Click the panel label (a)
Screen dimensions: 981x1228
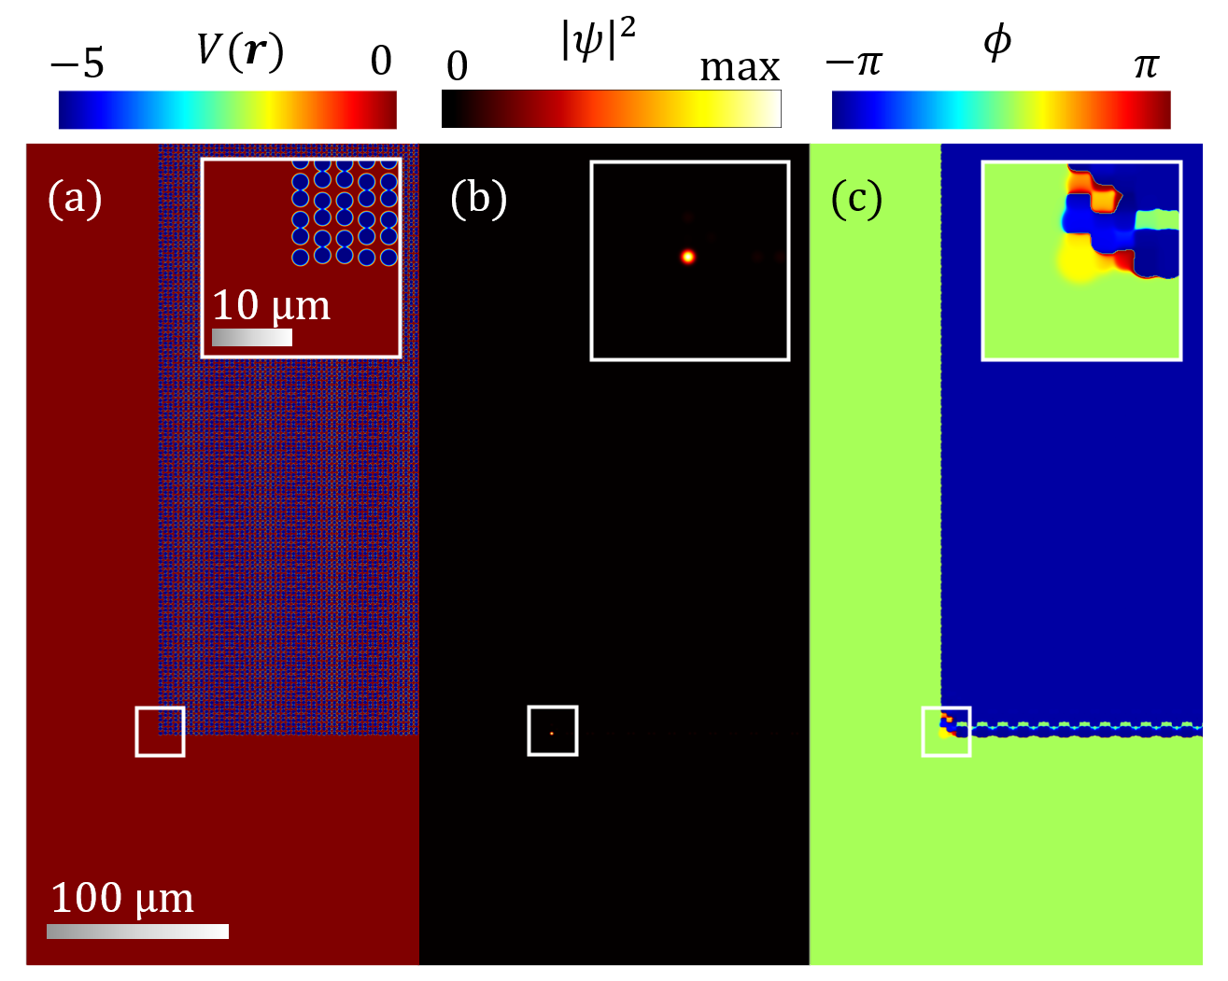point(75,199)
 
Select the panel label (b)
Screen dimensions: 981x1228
point(478,199)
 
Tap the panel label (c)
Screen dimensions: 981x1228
point(856,199)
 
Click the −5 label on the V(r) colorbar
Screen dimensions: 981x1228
point(78,63)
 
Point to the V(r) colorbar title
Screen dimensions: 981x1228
point(240,50)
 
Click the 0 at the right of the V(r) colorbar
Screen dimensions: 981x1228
point(381,62)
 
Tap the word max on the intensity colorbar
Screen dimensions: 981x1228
point(740,67)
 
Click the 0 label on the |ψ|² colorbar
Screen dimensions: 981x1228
point(457,66)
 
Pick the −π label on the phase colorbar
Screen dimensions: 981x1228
point(854,63)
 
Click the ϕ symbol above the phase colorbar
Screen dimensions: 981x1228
point(997,42)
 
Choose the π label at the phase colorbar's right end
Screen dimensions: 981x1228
point(1146,65)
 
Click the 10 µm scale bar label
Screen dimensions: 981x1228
point(271,305)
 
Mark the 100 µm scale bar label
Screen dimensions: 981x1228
point(122,898)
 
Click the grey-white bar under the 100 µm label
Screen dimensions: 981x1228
point(137,931)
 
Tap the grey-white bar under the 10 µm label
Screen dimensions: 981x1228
point(252,337)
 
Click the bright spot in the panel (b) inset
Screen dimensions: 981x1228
point(688,256)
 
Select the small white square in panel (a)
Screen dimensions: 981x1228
point(160,731)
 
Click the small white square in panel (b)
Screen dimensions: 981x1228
point(553,730)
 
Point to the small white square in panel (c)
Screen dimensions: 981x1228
point(946,731)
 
